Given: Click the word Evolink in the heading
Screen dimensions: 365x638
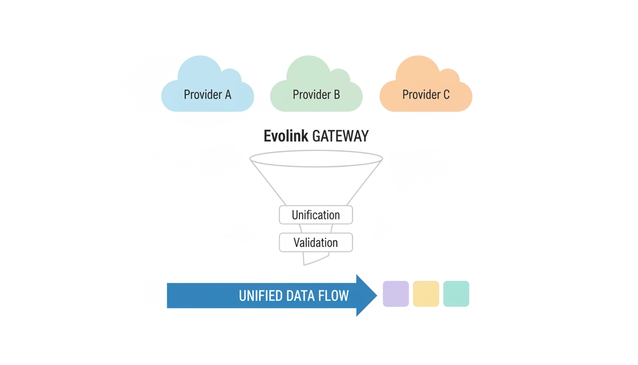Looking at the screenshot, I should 286,136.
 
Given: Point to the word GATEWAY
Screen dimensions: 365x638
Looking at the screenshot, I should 340,136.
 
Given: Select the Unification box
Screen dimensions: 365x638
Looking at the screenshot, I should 316,215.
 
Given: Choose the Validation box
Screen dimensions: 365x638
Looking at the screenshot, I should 316,242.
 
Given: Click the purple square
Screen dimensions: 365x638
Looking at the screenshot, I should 396,294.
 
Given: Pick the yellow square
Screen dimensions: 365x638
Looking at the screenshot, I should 426,294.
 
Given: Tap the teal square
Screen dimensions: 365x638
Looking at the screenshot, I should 456,294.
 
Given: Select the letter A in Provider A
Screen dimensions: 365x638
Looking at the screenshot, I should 228,95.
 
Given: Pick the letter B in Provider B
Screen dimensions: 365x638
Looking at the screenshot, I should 337,95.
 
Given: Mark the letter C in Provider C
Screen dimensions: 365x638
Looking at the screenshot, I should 446,95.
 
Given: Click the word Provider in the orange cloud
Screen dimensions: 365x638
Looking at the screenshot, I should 420,95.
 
